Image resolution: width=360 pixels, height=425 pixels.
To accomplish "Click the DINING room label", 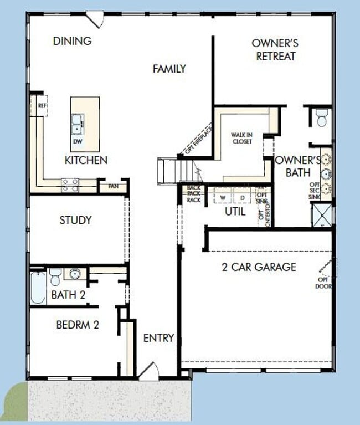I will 72,41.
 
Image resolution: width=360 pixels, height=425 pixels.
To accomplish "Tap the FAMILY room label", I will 169,69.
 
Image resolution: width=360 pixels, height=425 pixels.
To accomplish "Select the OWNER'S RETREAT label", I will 275,49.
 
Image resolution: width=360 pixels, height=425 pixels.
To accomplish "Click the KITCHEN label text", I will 86,160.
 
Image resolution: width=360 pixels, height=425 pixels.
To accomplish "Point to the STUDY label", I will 75,220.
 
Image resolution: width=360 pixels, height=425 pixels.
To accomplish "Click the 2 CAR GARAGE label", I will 259,267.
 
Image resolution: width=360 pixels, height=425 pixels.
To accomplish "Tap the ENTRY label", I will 159,337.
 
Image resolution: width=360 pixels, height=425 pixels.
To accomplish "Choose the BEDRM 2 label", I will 78,325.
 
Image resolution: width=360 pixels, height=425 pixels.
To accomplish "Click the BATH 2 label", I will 68,295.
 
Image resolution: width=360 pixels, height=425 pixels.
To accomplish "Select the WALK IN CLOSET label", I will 241,138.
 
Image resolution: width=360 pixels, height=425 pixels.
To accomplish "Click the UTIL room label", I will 235,211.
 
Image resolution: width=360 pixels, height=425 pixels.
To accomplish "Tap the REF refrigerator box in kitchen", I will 40,105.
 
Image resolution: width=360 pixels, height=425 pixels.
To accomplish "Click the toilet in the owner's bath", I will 322,117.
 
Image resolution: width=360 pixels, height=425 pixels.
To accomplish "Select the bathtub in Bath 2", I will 38,287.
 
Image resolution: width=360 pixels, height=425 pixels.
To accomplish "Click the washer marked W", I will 223,197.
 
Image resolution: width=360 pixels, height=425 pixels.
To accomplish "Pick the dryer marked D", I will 242,197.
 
